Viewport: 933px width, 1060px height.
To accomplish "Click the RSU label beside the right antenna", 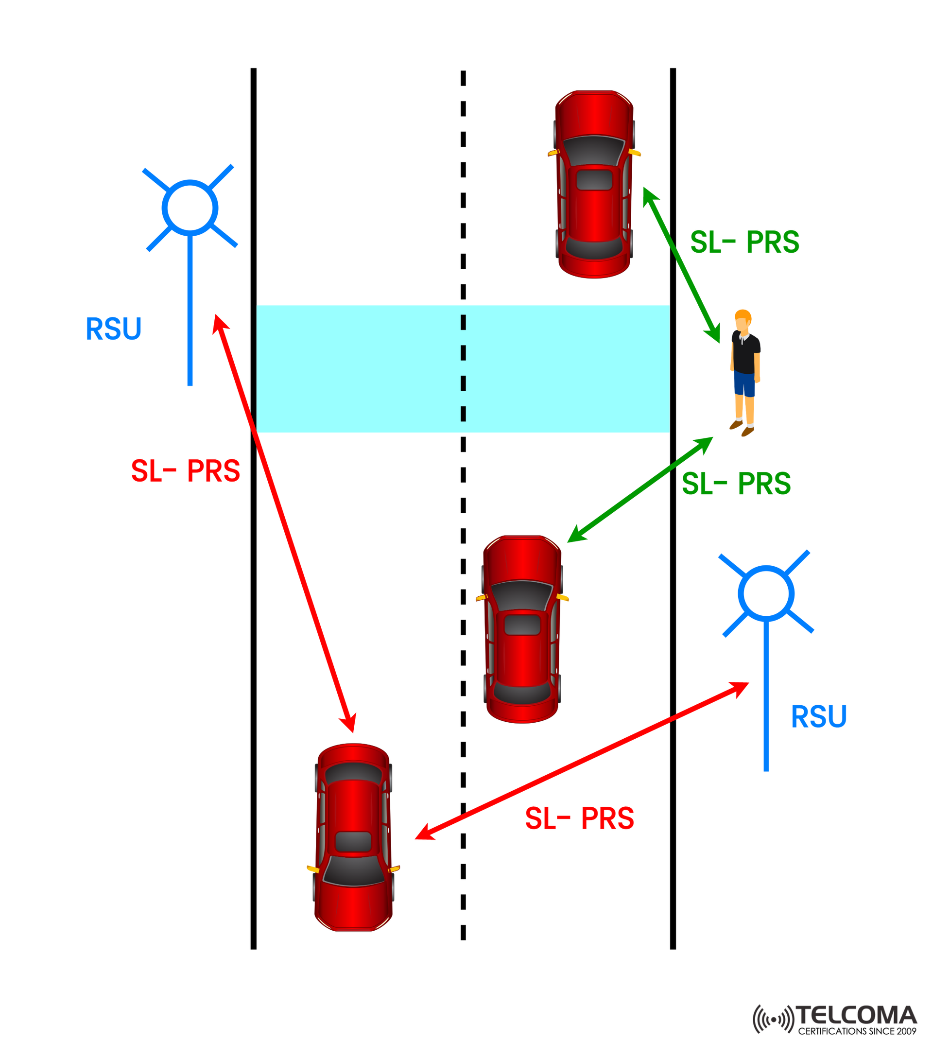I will click(x=818, y=717).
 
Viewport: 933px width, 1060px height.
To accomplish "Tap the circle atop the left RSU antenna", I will click(x=190, y=208).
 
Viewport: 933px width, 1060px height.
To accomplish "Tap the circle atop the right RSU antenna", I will click(x=765, y=593).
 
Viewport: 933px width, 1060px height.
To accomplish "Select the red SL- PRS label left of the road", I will click(x=185, y=471).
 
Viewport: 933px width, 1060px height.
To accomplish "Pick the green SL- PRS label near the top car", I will click(x=744, y=242).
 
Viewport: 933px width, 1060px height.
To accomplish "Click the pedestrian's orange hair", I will click(x=743, y=315).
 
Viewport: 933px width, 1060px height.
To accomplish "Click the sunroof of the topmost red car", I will click(x=594, y=180).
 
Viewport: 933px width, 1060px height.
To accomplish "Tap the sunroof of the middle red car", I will click(x=522, y=625).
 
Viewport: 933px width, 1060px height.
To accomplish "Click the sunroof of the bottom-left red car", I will click(x=353, y=841).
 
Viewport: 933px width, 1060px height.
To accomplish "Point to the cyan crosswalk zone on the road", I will click(x=363, y=368).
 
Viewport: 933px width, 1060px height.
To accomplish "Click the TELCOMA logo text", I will click(x=856, y=1015).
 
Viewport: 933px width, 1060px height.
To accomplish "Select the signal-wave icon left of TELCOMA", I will click(x=773, y=1020).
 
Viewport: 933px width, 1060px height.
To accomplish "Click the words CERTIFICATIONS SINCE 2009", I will click(x=856, y=1031).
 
